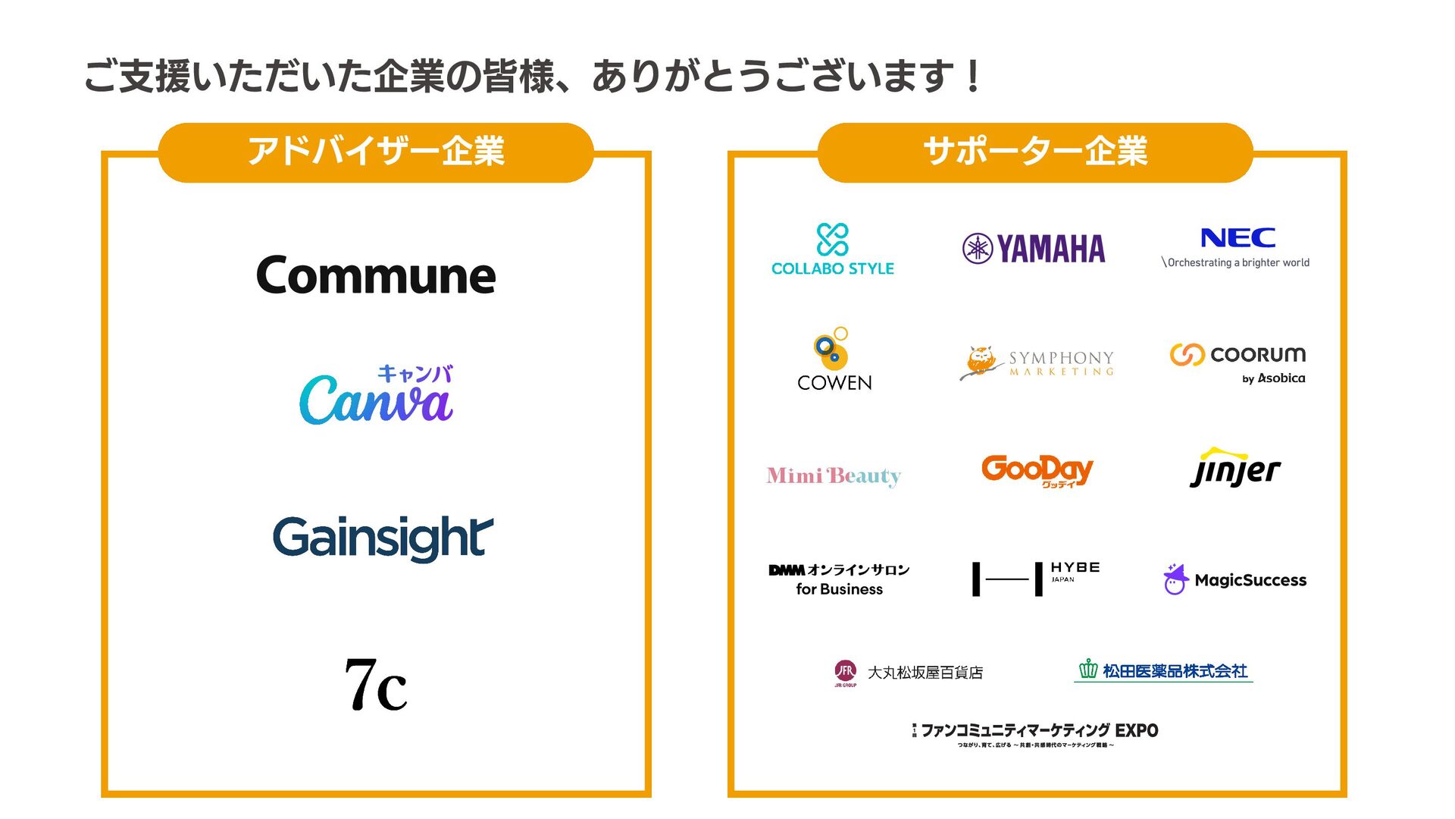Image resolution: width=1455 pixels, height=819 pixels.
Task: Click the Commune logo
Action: pyautogui.click(x=376, y=275)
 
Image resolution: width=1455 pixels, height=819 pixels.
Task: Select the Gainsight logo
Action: pyautogui.click(x=383, y=538)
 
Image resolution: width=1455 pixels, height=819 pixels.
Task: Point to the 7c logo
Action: pyautogui.click(x=376, y=685)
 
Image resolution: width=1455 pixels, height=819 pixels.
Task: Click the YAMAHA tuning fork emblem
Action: pyautogui.click(x=978, y=249)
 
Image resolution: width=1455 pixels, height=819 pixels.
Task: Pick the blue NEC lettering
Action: pyautogui.click(x=1238, y=238)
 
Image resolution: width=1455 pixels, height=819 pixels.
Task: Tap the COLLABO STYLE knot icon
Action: pyautogui.click(x=832, y=240)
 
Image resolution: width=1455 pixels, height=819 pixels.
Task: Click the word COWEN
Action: pyautogui.click(x=834, y=383)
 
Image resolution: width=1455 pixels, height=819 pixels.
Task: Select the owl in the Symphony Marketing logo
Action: pyautogui.click(x=981, y=362)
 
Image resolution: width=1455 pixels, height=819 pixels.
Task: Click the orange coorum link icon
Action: pyautogui.click(x=1187, y=355)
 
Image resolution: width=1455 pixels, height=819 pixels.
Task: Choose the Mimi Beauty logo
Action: pyautogui.click(x=834, y=476)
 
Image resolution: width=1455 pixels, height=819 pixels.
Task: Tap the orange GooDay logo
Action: pyautogui.click(x=1037, y=470)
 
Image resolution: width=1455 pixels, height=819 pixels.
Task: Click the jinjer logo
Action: pyautogui.click(x=1235, y=469)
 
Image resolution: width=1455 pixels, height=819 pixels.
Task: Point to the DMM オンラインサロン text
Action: pyautogui.click(x=839, y=570)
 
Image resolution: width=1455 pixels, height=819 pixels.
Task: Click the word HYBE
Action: pyautogui.click(x=1075, y=567)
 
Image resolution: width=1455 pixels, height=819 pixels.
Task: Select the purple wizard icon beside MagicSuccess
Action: pyautogui.click(x=1175, y=580)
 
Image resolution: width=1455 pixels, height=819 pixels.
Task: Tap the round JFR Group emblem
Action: pyautogui.click(x=845, y=671)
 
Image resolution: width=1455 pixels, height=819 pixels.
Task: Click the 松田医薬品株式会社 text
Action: pyautogui.click(x=1175, y=671)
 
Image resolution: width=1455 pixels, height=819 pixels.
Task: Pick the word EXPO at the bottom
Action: pyautogui.click(x=1136, y=730)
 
